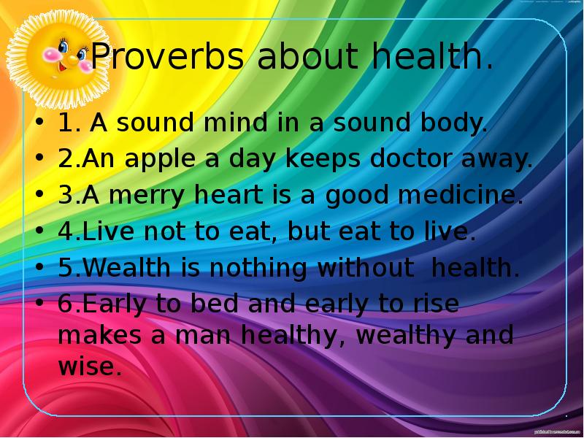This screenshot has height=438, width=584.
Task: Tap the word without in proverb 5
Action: [x=365, y=268]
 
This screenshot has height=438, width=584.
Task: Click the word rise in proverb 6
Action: [x=435, y=304]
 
